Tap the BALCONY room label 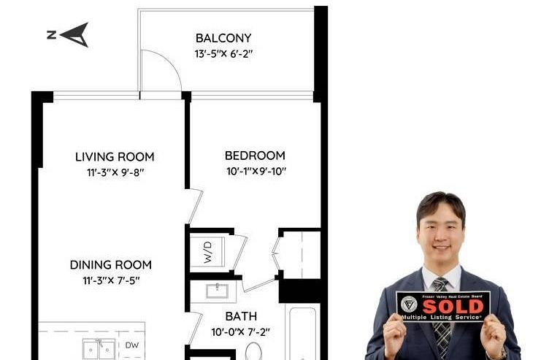pyautogui.click(x=223, y=38)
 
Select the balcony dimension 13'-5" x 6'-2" pyautogui.click(x=223, y=53)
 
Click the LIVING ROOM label pyautogui.click(x=115, y=156)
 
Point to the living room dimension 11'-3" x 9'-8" pyautogui.click(x=115, y=172)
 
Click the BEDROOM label pyautogui.click(x=255, y=156)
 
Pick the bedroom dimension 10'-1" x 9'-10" pyautogui.click(x=255, y=172)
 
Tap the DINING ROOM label pyautogui.click(x=111, y=264)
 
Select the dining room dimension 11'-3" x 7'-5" pyautogui.click(x=111, y=280)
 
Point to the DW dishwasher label pyautogui.click(x=131, y=345)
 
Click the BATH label pyautogui.click(x=240, y=317)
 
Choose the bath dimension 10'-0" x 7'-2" pyautogui.click(x=240, y=332)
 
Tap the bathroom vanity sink pyautogui.click(x=217, y=291)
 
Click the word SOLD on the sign pyautogui.click(x=453, y=305)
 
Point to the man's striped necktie pyautogui.click(x=441, y=321)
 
